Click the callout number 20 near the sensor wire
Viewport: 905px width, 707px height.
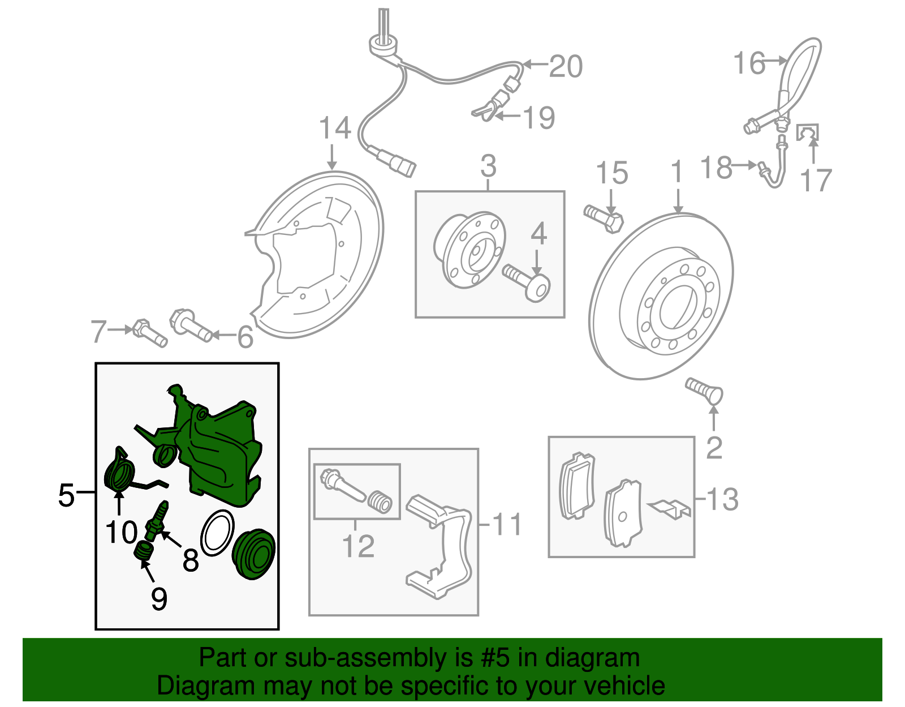tap(566, 67)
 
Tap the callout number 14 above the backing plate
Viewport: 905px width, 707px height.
tap(335, 128)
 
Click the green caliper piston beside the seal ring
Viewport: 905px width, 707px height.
tap(254, 554)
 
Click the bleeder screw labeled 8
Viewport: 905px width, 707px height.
tap(156, 521)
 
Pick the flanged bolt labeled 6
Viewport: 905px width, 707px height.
tap(190, 327)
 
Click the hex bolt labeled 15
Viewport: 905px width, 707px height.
tap(604, 219)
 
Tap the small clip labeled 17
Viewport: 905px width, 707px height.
tap(807, 132)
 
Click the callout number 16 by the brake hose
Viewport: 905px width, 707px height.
tap(749, 63)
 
